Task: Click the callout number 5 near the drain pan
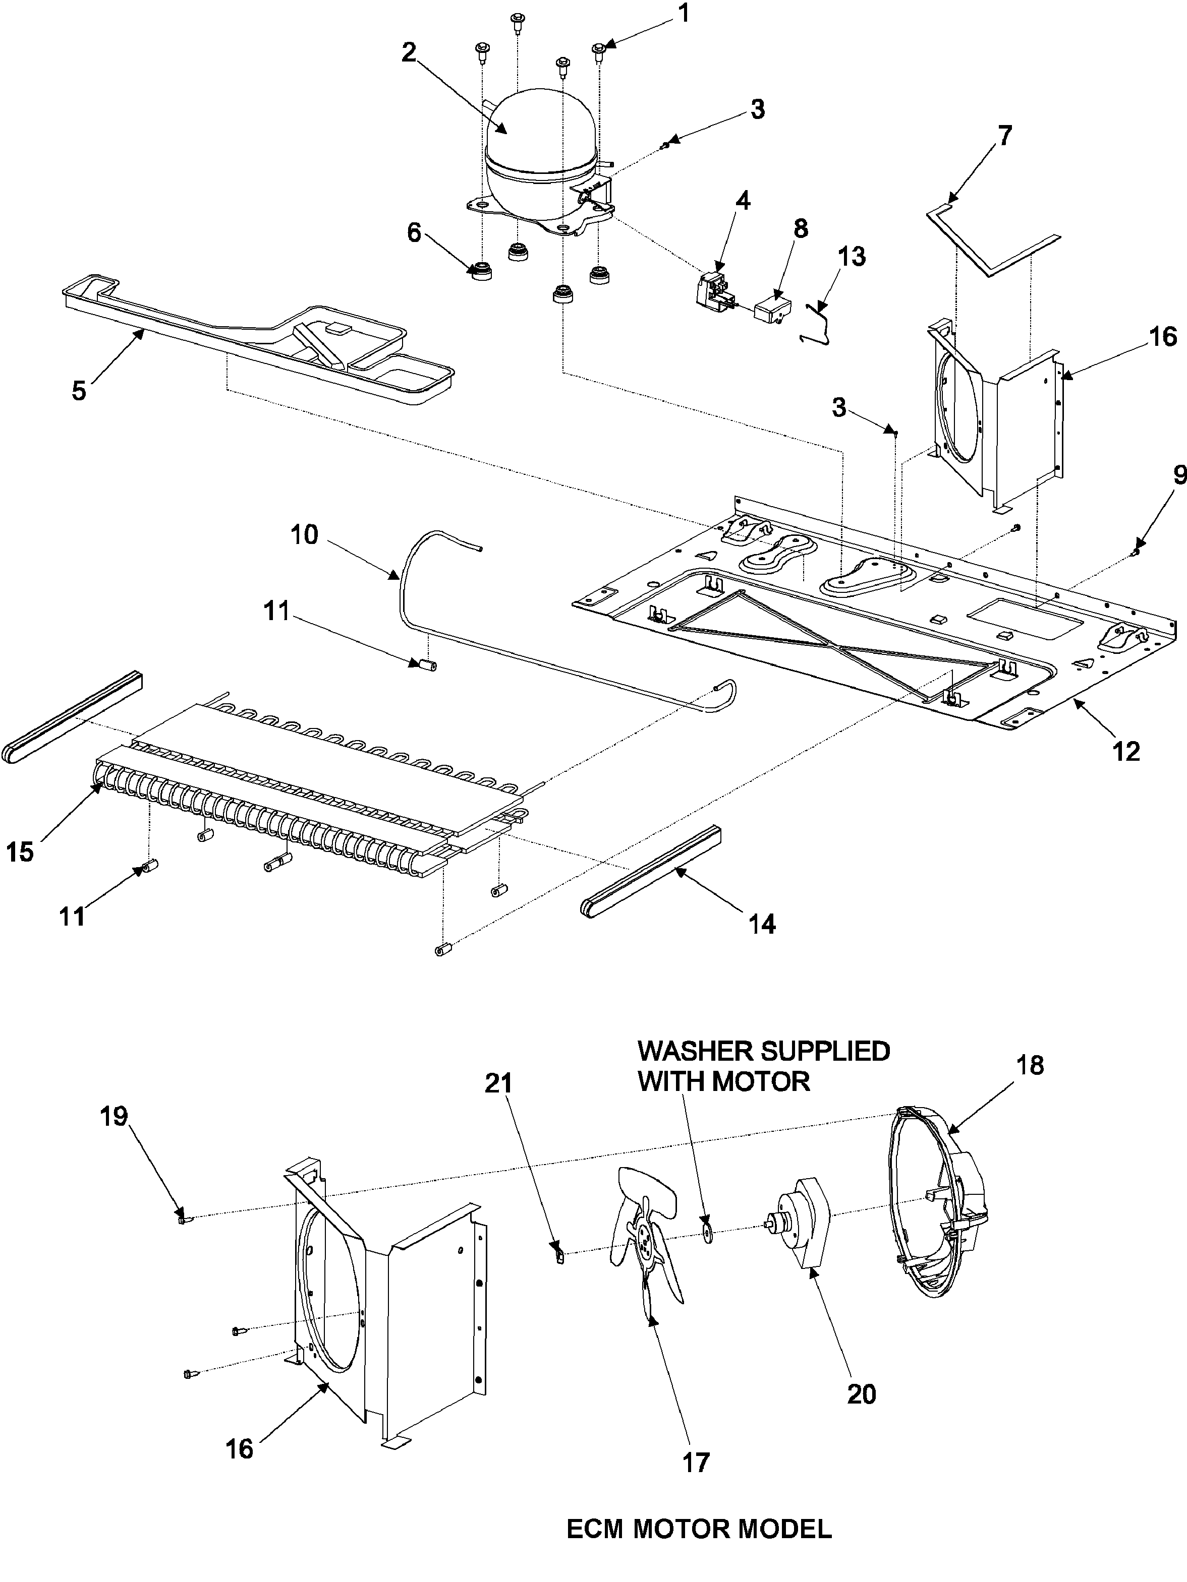(x=79, y=391)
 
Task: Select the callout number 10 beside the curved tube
(x=304, y=534)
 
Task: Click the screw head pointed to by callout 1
(x=599, y=48)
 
